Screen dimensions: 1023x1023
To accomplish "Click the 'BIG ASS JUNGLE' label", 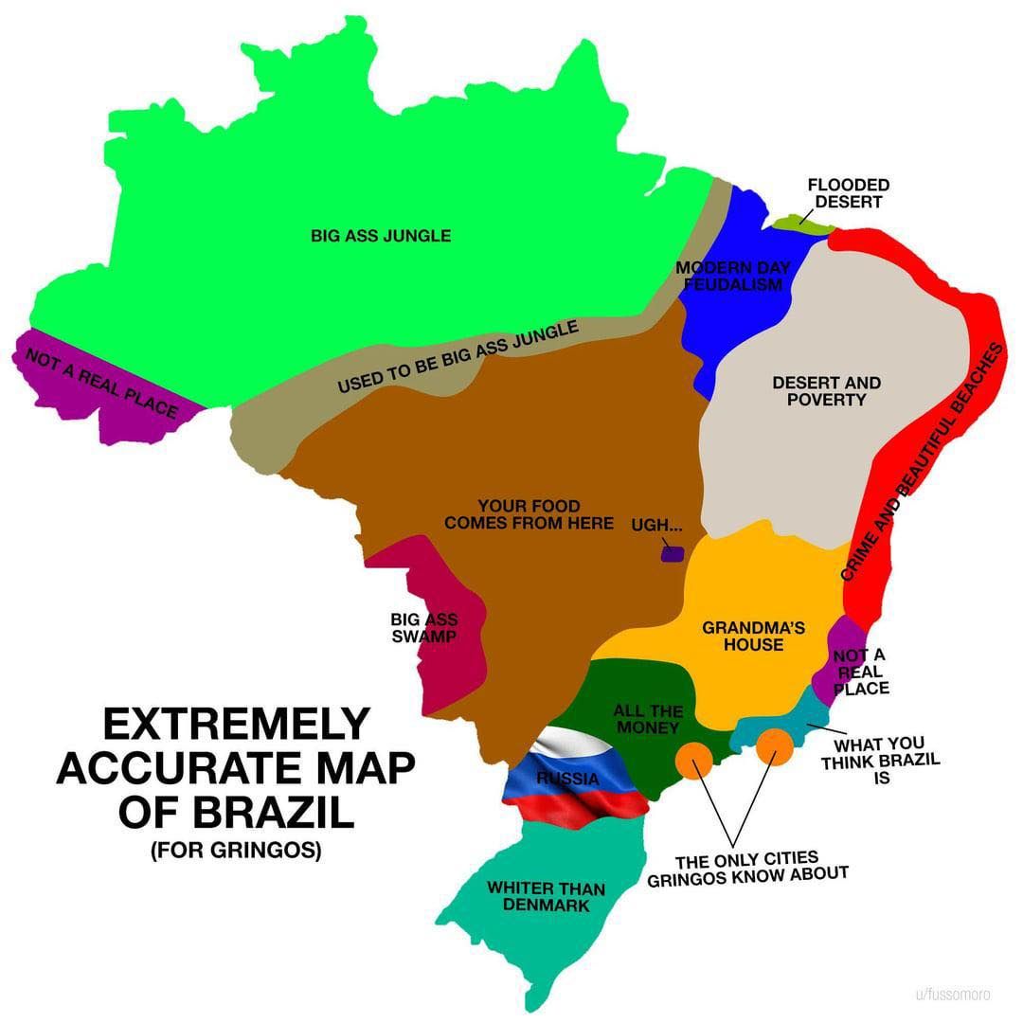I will pyautogui.click(x=381, y=235).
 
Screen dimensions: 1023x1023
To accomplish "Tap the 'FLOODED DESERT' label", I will pyautogui.click(x=848, y=193).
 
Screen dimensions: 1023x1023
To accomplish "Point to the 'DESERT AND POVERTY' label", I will pyautogui.click(x=826, y=391).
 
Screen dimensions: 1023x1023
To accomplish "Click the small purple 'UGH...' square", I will pyautogui.click(x=672, y=553).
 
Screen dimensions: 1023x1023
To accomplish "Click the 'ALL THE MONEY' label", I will pyautogui.click(x=648, y=719).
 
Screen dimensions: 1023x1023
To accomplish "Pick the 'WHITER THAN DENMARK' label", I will pyautogui.click(x=546, y=896).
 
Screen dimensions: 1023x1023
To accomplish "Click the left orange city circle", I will pyautogui.click(x=693, y=759).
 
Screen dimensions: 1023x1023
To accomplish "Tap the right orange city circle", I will pyautogui.click(x=775, y=746).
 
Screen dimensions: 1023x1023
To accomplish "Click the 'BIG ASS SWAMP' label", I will pyautogui.click(x=423, y=628).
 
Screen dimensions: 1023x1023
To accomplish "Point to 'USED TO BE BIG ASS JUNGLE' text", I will pyautogui.click(x=458, y=358).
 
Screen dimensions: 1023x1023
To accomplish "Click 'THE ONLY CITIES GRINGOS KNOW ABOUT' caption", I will pyautogui.click(x=747, y=868).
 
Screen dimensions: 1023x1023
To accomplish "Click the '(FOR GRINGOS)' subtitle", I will pyautogui.click(x=235, y=851).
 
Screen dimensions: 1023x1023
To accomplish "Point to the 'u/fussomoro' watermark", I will pyautogui.click(x=952, y=995).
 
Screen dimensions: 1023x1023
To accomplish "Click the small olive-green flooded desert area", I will pyautogui.click(x=801, y=224).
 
